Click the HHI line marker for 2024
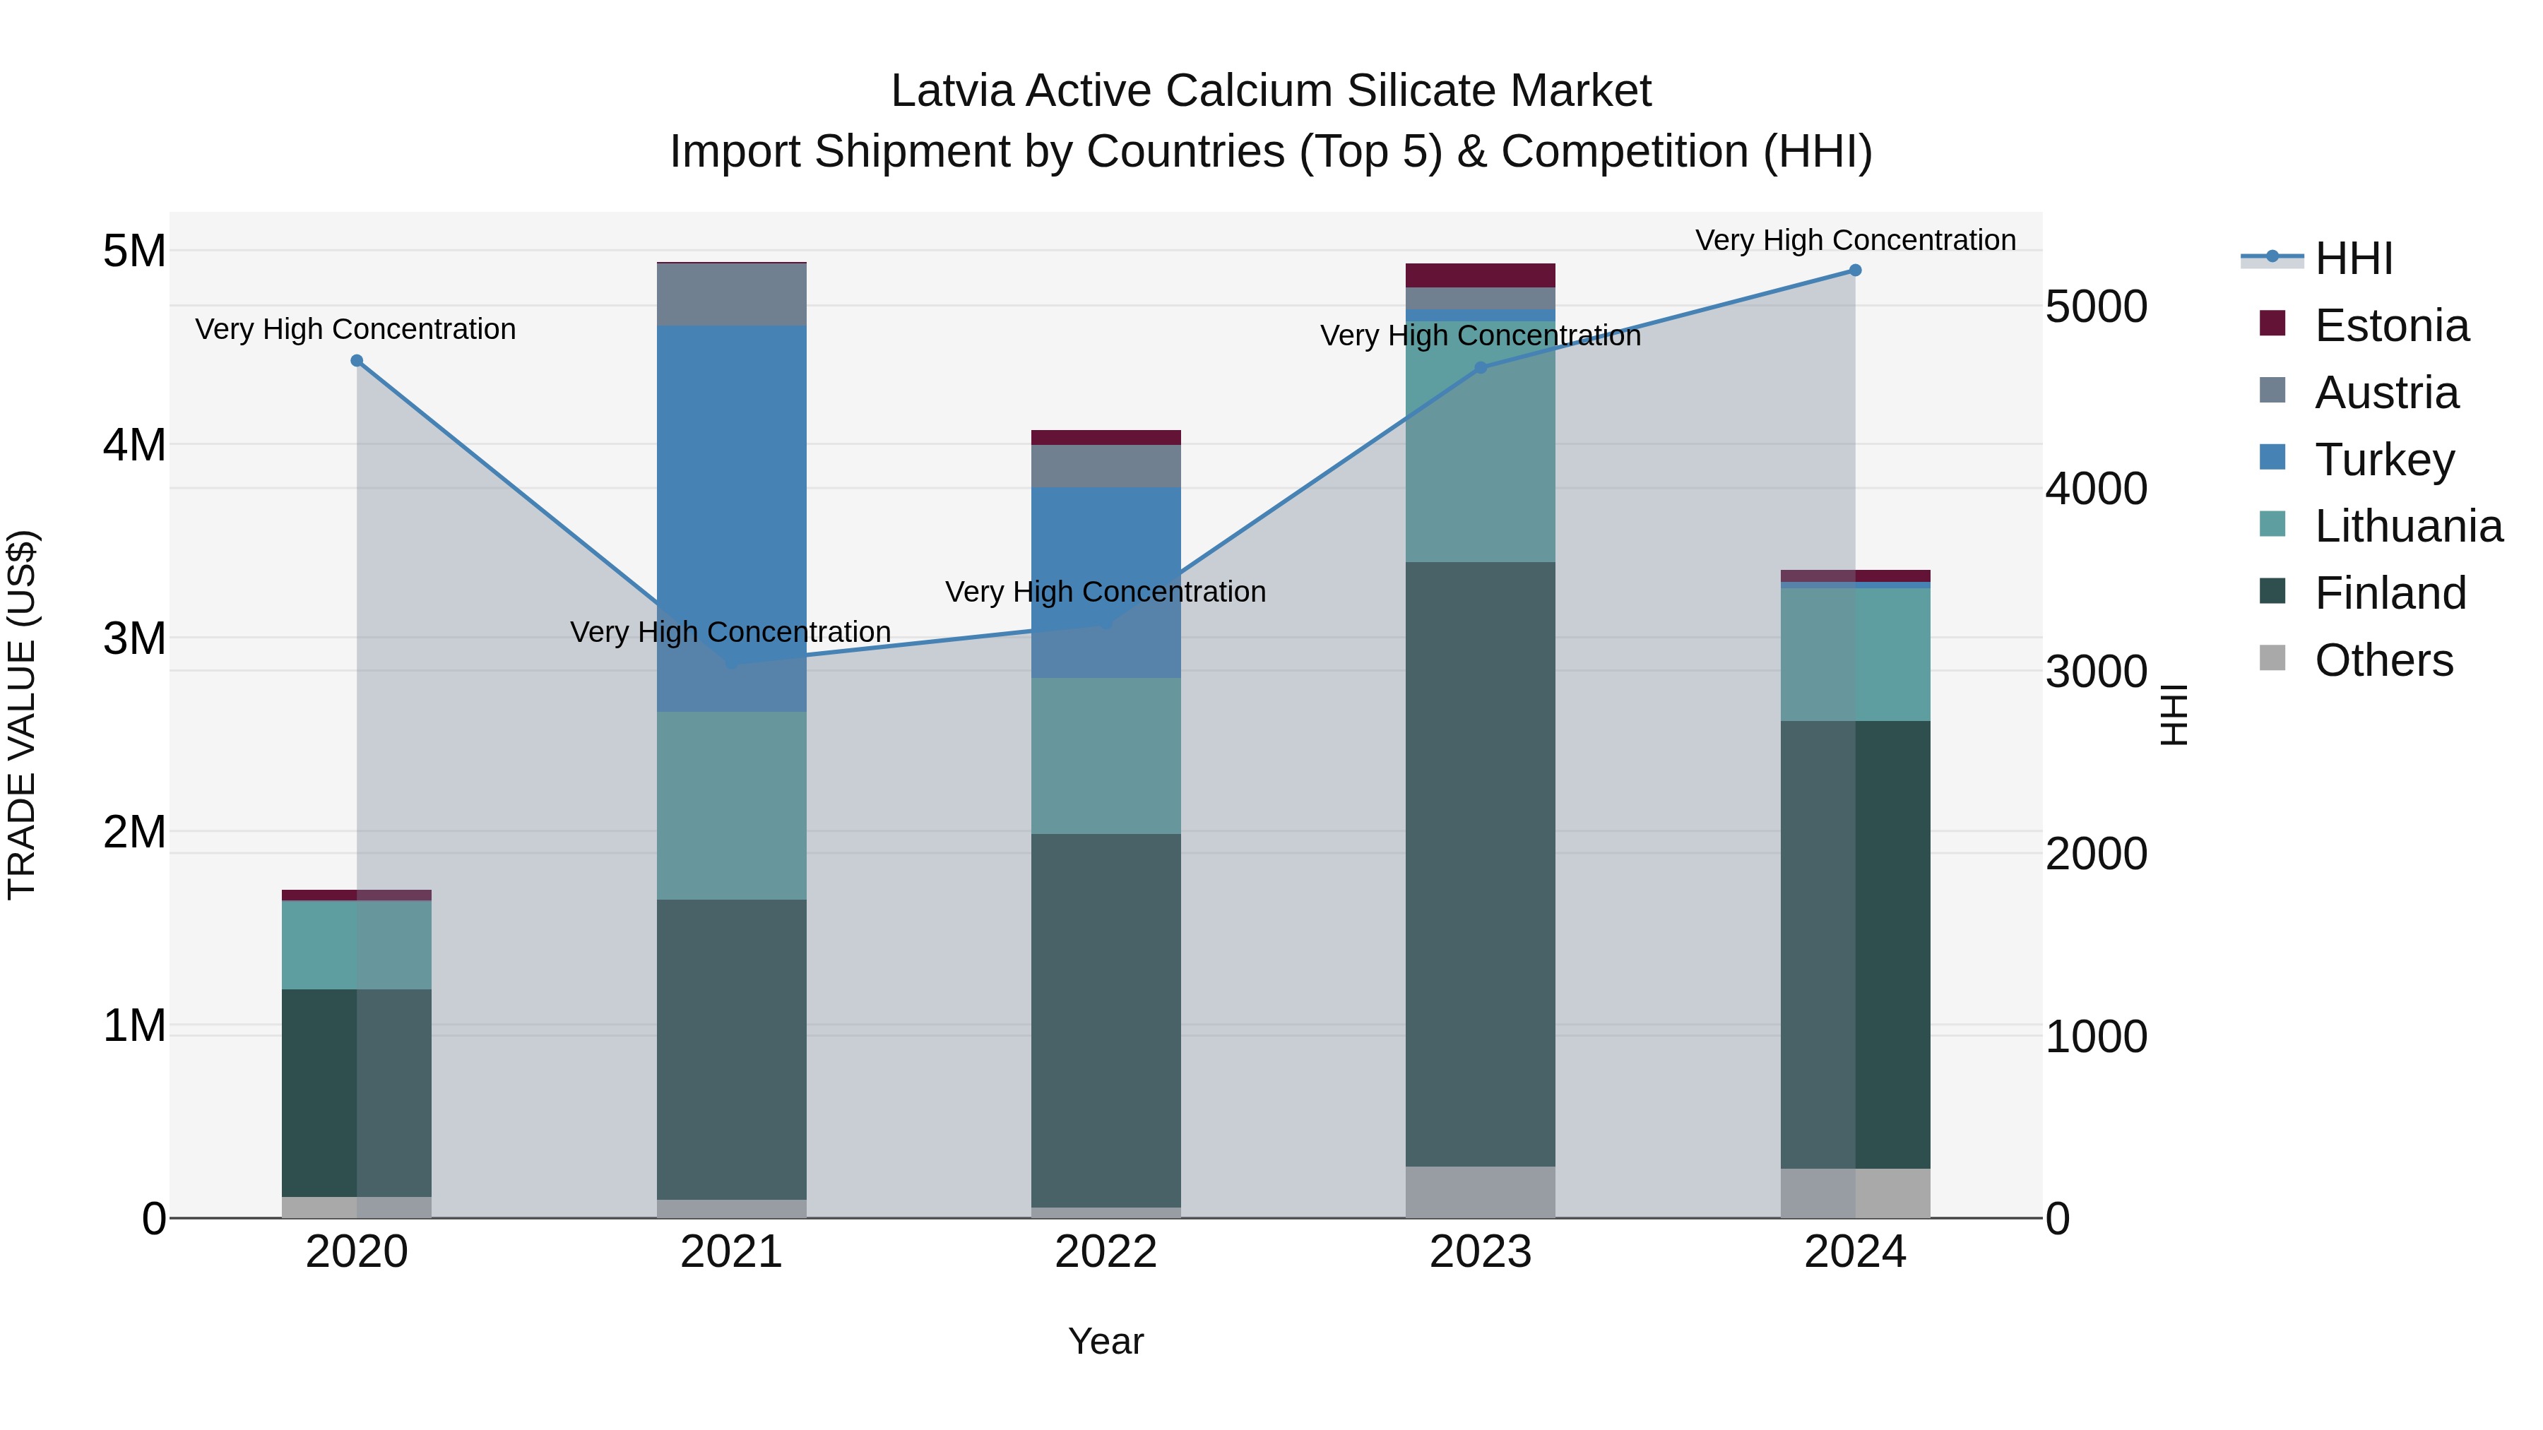click(x=1855, y=270)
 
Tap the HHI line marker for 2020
click(x=357, y=361)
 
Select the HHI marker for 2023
click(x=1480, y=368)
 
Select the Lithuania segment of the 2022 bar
click(x=1105, y=756)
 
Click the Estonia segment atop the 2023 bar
click(x=1480, y=275)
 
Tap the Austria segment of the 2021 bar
click(x=732, y=294)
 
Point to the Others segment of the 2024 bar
click(x=1855, y=1193)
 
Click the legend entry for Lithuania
click(x=2408, y=526)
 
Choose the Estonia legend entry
click(x=2391, y=326)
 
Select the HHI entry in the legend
click(x=2354, y=258)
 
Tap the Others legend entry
click(x=2383, y=660)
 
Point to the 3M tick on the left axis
click(x=135, y=638)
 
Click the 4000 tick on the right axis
click(x=2096, y=489)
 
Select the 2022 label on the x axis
click(x=1105, y=1252)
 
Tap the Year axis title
click(x=1105, y=1341)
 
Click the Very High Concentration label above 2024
click(x=1855, y=240)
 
